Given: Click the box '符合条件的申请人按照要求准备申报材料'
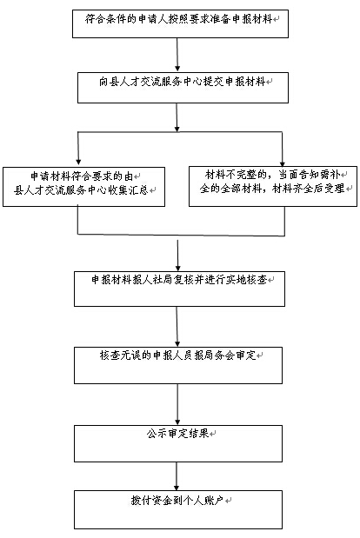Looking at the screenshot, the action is pyautogui.click(x=180, y=23).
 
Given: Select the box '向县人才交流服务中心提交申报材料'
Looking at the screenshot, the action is pyautogui.click(x=183, y=88).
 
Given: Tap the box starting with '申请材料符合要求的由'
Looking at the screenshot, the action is pyautogui.click(x=83, y=187).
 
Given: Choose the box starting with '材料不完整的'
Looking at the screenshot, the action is pyautogui.click(x=273, y=186).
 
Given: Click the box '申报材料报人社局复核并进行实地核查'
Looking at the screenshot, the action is pyautogui.click(x=179, y=289).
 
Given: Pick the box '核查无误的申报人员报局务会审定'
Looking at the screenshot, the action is pyautogui.click(x=178, y=365).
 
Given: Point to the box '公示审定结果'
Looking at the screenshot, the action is pyautogui.click(x=178, y=443).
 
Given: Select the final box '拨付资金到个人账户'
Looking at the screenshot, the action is pyautogui.click(x=178, y=509).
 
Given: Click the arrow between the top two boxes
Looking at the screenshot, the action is pyautogui.click(x=177, y=55).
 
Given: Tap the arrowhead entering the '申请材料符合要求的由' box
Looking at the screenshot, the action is pyautogui.click(x=78, y=162).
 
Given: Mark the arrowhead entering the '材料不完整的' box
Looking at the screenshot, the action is pyautogui.click(x=282, y=163).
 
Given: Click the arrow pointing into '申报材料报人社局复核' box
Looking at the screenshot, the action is pyautogui.click(x=177, y=256).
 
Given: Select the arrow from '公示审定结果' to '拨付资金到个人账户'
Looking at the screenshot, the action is pyautogui.click(x=177, y=476).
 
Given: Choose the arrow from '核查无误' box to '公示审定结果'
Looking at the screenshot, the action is pyautogui.click(x=177, y=404).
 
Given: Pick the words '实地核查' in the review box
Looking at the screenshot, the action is pyautogui.click(x=247, y=280).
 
